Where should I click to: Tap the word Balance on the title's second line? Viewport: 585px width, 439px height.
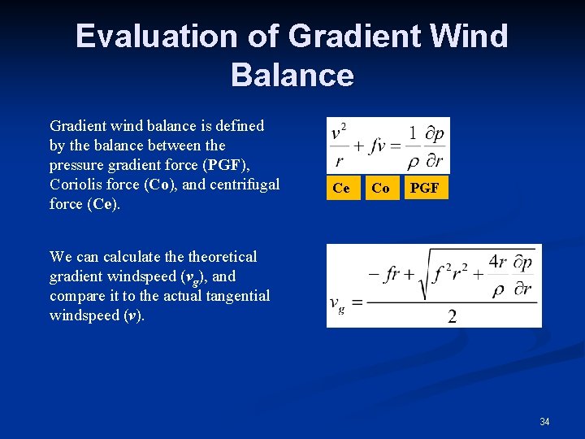pos(292,75)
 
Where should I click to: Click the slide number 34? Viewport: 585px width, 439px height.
pos(544,421)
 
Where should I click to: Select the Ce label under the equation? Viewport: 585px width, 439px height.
pos(341,188)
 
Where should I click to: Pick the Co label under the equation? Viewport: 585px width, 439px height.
pos(380,188)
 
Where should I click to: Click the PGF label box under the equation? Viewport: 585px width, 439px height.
pos(424,188)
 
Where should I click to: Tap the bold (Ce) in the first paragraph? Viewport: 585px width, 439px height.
pos(102,204)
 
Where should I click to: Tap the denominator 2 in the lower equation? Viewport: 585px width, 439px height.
pos(452,316)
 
